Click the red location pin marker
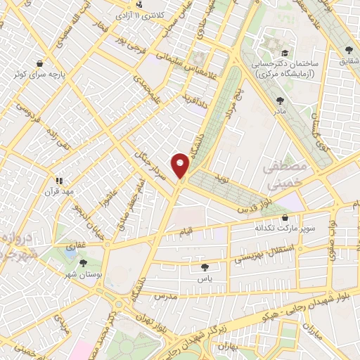click(181, 166)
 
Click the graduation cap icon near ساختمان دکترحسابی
click(285, 53)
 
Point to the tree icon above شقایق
click(349, 49)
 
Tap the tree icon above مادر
click(281, 101)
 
